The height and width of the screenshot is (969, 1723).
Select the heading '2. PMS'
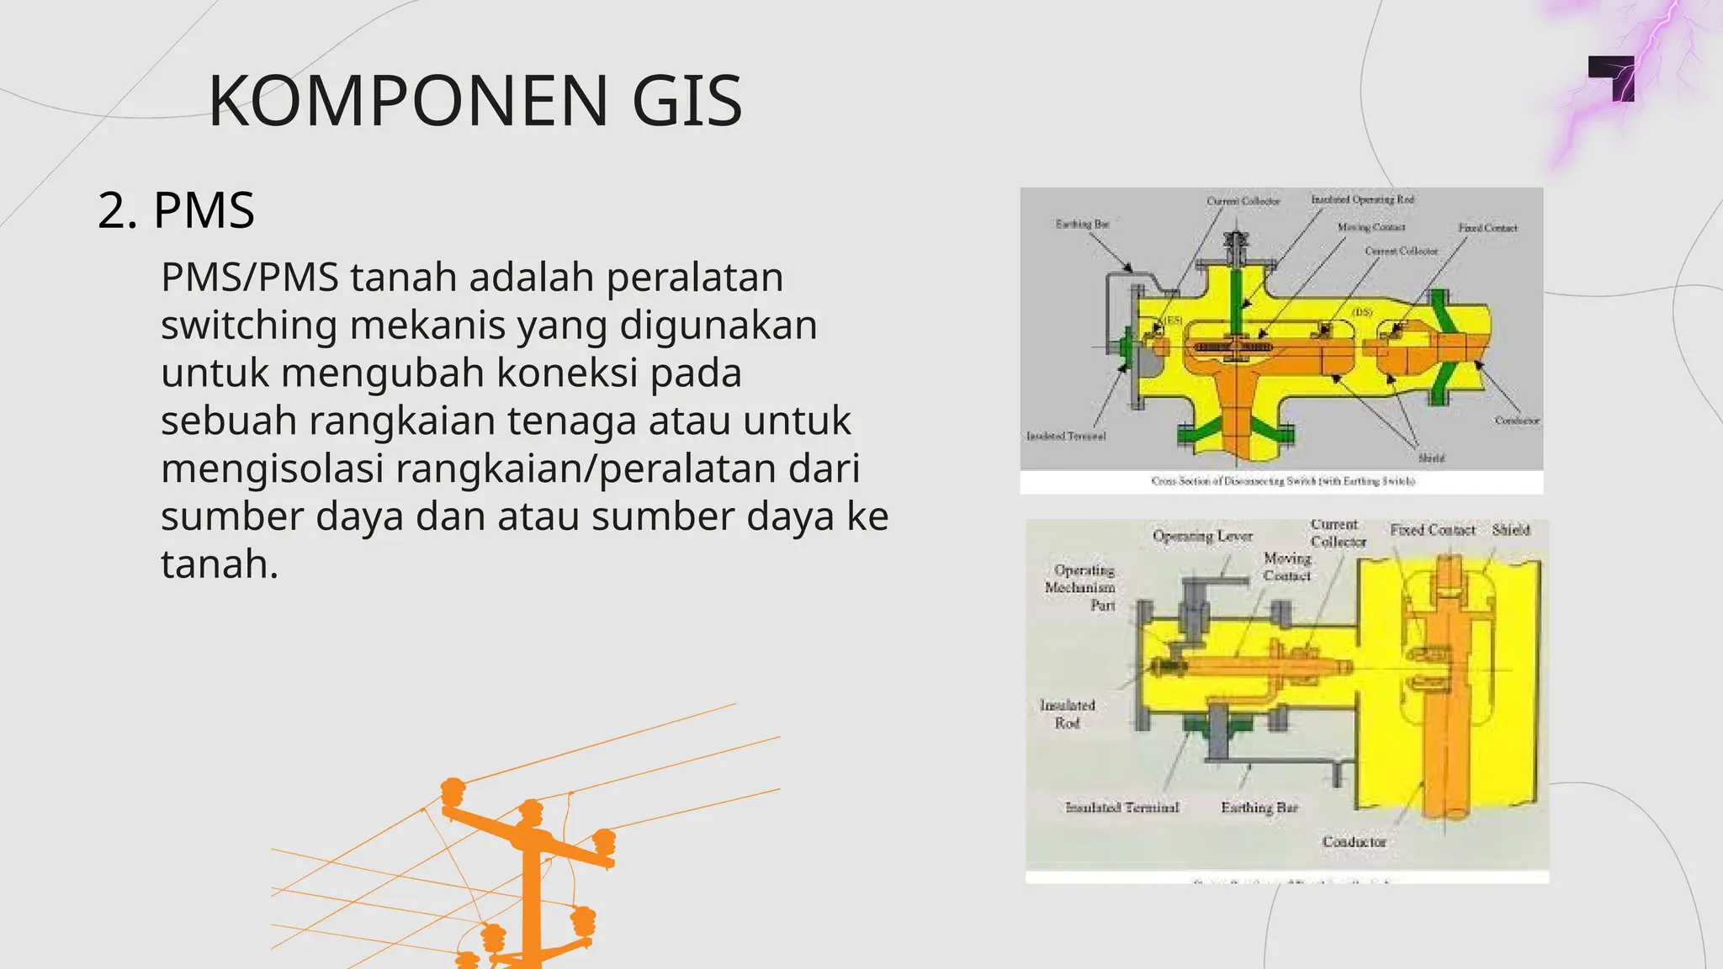[x=176, y=210]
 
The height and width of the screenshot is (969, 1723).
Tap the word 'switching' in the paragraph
[x=249, y=326]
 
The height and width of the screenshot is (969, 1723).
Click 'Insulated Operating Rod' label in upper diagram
[x=1362, y=199]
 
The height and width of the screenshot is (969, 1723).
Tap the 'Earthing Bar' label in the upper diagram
[x=1082, y=224]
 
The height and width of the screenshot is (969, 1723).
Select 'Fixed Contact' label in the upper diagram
[x=1487, y=228]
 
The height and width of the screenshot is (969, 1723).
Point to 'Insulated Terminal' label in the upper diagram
[x=1066, y=436]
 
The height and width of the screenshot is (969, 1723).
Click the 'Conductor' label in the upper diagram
[x=1517, y=421]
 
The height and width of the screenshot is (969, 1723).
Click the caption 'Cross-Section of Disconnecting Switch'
[x=1282, y=481]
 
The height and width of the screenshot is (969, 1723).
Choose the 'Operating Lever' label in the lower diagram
[x=1202, y=536]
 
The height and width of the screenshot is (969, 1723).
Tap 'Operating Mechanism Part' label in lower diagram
[x=1081, y=587]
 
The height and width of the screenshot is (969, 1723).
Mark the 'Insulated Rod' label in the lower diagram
[x=1068, y=713]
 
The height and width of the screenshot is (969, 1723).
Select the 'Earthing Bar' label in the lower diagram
[x=1259, y=807]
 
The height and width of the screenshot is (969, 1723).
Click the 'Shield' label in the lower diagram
[x=1511, y=530]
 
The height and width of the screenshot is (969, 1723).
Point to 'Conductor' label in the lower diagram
[x=1354, y=842]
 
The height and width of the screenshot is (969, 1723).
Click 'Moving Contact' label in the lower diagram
[x=1287, y=567]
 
